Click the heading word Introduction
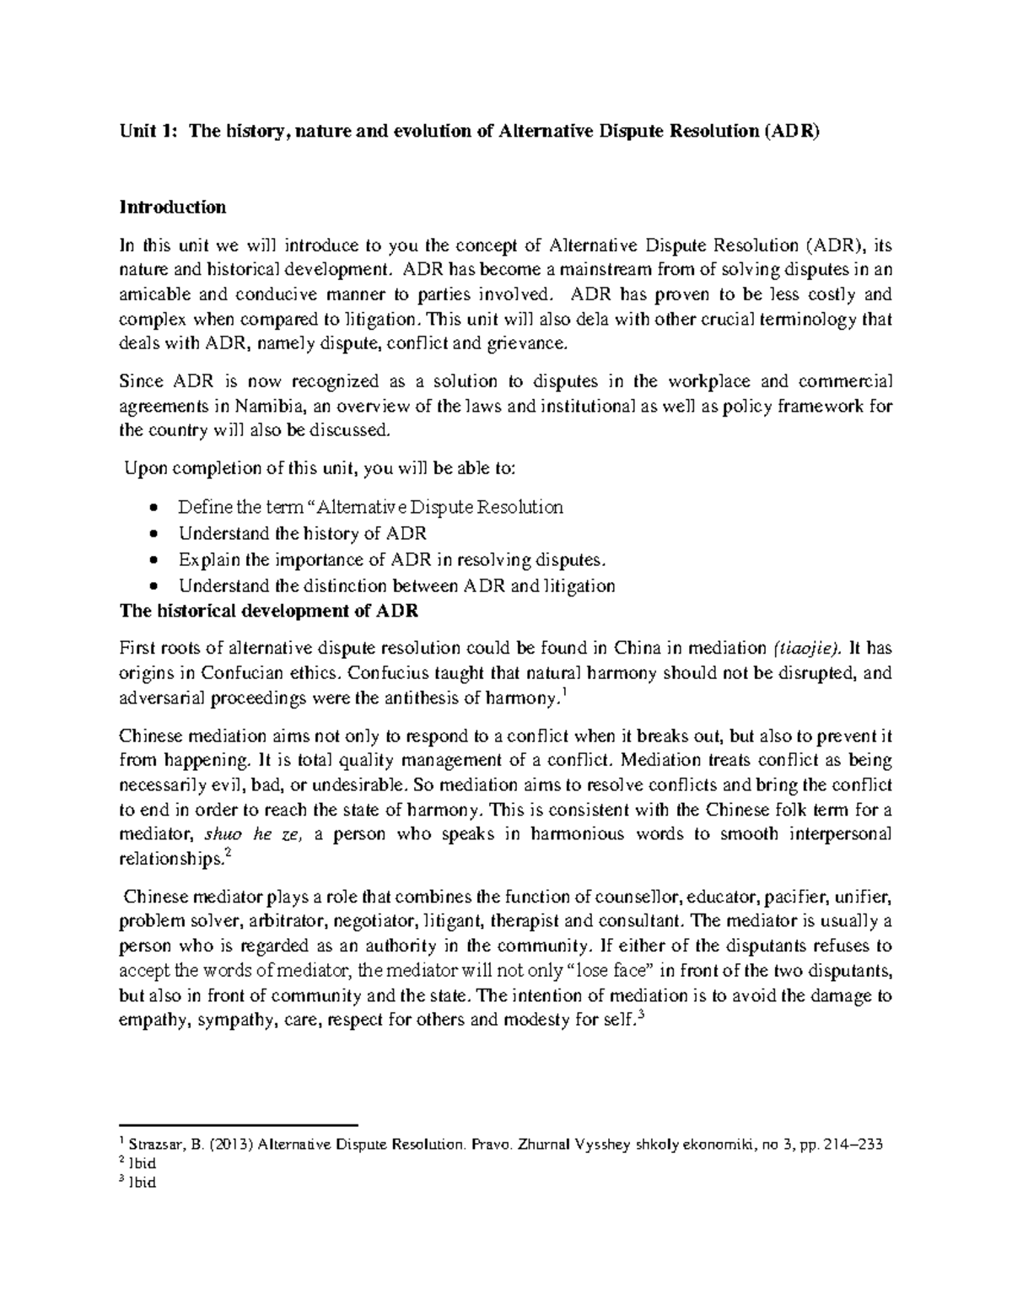pos(172,207)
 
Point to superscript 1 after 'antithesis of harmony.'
pos(563,693)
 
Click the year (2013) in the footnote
pos(230,1145)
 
